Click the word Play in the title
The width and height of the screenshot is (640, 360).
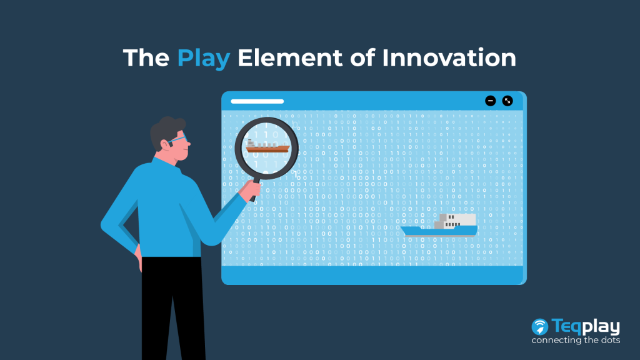pos(204,59)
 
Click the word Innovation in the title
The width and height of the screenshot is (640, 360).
pos(449,57)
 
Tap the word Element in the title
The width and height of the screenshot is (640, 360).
pos(290,57)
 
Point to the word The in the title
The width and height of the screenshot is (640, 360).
pos(146,57)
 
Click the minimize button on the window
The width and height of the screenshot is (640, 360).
pos(490,101)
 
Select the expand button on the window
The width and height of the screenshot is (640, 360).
pos(507,101)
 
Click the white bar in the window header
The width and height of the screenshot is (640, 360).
pos(257,101)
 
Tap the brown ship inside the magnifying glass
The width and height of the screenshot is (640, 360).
pos(267,146)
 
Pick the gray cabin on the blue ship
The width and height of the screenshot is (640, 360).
pos(455,221)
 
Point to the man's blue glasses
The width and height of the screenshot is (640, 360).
pos(178,139)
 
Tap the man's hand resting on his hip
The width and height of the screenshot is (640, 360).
pos(139,257)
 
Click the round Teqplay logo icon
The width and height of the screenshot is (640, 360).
pos(539,327)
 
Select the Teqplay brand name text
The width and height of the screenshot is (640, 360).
pos(586,326)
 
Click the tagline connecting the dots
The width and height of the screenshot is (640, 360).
pos(576,340)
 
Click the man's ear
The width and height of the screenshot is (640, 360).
pos(165,144)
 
